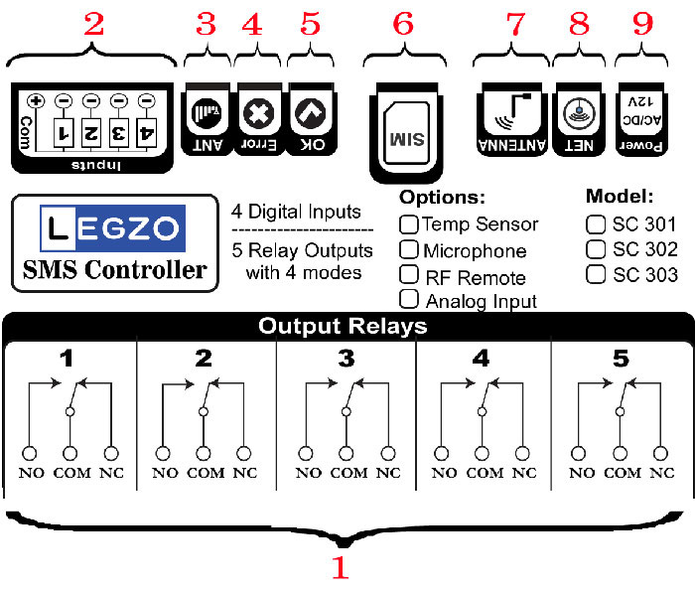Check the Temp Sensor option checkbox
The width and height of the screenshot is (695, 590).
[408, 224]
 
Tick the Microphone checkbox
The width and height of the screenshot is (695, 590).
[408, 249]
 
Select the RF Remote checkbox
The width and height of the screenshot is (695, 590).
[408, 274]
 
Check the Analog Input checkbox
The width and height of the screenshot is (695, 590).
[408, 299]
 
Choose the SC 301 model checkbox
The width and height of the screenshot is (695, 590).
[596, 224]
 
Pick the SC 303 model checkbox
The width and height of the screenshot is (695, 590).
[596, 274]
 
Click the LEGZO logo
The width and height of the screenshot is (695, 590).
[112, 228]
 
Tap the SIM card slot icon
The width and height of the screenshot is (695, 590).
[406, 133]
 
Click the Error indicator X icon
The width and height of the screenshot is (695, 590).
[259, 113]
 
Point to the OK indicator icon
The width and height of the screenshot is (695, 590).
[311, 113]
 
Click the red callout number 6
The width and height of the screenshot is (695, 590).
[403, 24]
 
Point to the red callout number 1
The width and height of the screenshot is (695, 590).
[341, 567]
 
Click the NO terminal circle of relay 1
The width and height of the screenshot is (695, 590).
[30, 454]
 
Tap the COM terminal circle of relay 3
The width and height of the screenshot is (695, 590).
[347, 454]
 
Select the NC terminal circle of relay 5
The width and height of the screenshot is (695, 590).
[660, 454]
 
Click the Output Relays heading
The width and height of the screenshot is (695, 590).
[343, 326]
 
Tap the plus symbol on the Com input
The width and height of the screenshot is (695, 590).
[36, 101]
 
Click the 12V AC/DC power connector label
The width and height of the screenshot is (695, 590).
[641, 111]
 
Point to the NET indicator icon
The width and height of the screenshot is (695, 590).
[579, 112]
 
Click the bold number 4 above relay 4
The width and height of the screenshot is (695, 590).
[481, 359]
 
